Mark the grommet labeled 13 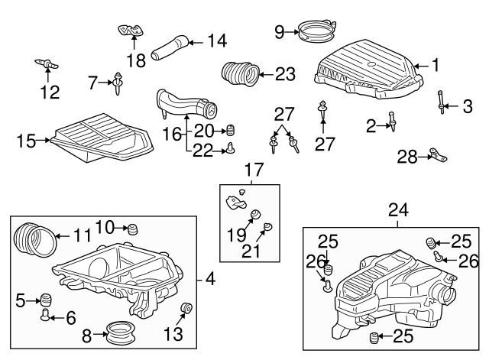(185, 310)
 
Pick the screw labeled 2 (392, 122)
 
